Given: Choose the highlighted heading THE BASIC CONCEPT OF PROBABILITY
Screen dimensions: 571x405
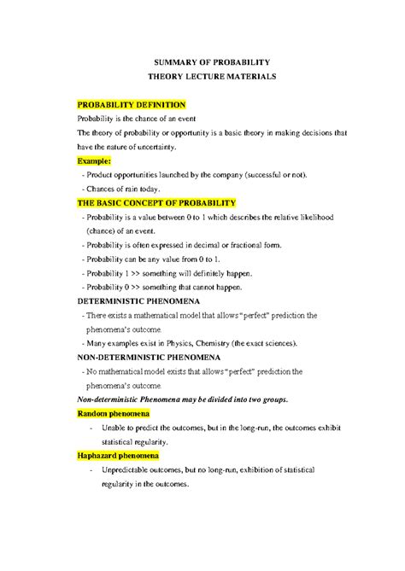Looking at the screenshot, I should tap(156, 203).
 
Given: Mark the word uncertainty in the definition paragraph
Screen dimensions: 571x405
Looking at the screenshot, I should tap(154, 146).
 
